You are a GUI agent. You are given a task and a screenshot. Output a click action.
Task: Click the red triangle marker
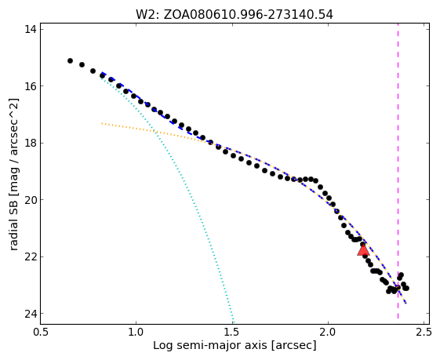363,249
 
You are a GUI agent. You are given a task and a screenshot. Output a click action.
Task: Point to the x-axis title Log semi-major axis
235,346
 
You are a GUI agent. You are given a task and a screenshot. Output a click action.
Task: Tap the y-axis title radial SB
13,174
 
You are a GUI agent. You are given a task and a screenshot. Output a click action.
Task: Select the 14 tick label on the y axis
31,29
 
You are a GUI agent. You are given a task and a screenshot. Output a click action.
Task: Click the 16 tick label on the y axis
31,86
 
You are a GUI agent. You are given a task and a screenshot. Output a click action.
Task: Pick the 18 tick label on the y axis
31,143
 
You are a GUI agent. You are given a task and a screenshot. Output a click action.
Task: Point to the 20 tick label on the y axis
31,200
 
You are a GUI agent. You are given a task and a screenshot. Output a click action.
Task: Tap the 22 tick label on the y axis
31,257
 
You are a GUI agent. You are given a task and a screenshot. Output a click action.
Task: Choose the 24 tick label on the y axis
31,314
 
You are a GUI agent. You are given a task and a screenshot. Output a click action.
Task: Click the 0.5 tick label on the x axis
41,332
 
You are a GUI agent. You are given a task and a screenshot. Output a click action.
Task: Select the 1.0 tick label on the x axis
136,332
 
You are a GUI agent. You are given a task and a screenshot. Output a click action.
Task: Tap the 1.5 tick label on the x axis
232,332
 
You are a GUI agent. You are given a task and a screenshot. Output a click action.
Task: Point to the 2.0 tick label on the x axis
329,332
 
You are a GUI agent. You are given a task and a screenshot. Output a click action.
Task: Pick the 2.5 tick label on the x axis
424,332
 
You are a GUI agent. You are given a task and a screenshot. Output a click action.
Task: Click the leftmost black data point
70,61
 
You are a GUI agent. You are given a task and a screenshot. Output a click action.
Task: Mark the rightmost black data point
406,288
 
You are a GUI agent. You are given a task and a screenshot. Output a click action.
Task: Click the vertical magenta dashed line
398,171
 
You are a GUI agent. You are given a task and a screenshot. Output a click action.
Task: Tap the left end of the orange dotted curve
102,123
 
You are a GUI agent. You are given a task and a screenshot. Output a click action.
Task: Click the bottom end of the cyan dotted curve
234,322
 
